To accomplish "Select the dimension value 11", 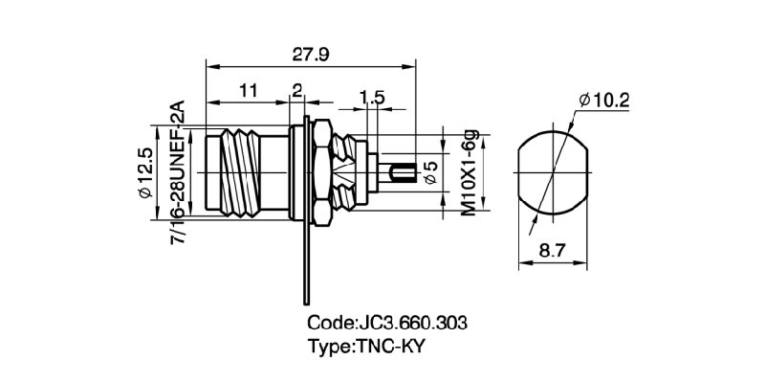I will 249,91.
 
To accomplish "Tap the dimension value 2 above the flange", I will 297,91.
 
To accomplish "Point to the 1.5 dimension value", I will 372,97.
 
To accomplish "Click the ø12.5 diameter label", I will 146,172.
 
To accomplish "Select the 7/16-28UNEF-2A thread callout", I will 177,172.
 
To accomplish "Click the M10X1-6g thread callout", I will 469,172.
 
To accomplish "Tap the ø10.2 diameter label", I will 603,100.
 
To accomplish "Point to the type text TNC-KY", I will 389,346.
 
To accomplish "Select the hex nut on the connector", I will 323,172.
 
